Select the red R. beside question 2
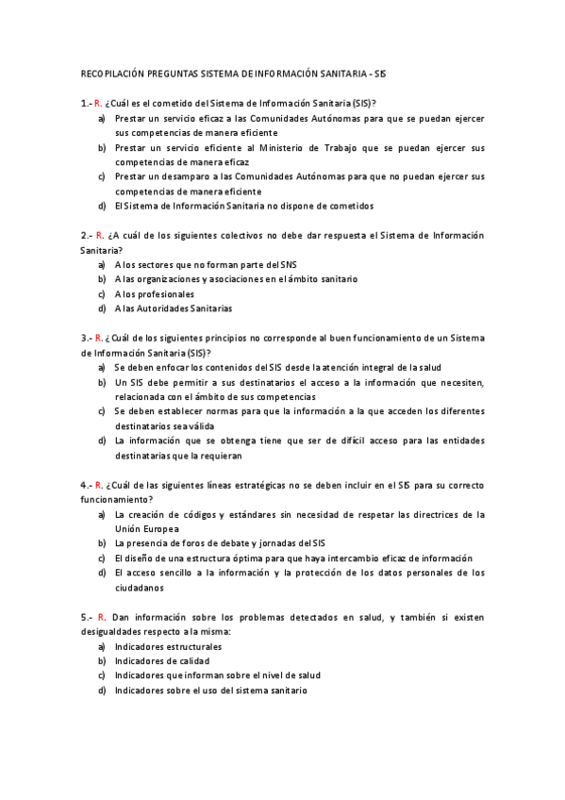(98, 235)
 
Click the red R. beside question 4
(98, 485)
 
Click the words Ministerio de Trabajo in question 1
(329, 148)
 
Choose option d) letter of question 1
(101, 206)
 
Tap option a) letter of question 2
(101, 264)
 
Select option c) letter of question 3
(101, 411)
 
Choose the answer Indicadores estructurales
(168, 647)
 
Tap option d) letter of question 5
(101, 691)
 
